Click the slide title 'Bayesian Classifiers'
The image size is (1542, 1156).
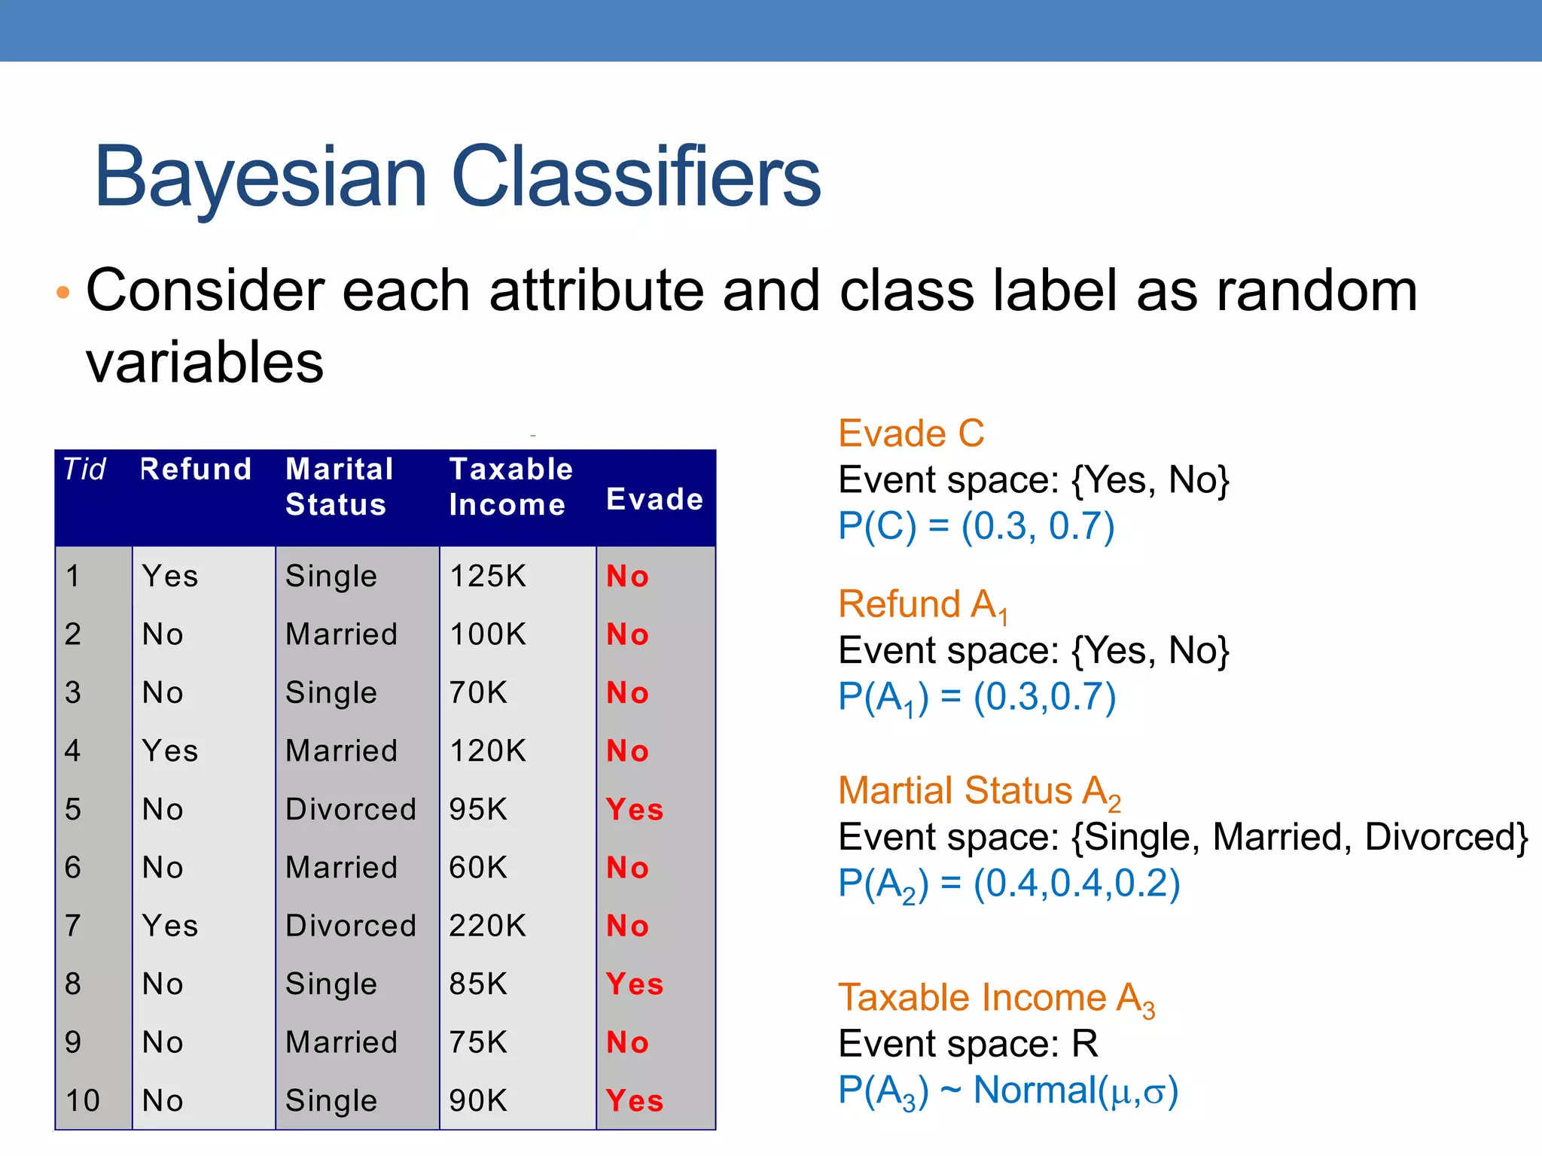coord(457,177)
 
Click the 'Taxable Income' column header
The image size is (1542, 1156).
coord(510,487)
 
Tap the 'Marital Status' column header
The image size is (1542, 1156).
coord(340,487)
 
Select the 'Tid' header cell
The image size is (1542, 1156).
coord(84,470)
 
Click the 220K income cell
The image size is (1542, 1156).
coord(487,926)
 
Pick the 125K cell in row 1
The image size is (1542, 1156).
coord(487,576)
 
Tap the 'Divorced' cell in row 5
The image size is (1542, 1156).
coord(350,810)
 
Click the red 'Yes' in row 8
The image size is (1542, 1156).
coord(634,984)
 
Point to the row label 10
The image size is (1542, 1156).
coord(82,1101)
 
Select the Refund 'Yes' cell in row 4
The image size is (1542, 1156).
coord(170,751)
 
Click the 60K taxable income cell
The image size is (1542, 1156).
coord(478,868)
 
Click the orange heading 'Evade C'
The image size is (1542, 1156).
coord(911,434)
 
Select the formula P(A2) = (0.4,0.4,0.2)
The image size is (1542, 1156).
coord(1009,884)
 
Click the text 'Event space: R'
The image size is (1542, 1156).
coord(968,1045)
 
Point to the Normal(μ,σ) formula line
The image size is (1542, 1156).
coord(1007,1091)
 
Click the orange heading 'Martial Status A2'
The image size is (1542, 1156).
coord(979,792)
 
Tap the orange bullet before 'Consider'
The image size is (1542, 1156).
coord(63,292)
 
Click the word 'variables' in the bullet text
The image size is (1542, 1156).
coord(205,363)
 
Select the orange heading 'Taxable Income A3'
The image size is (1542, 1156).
coord(995,999)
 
